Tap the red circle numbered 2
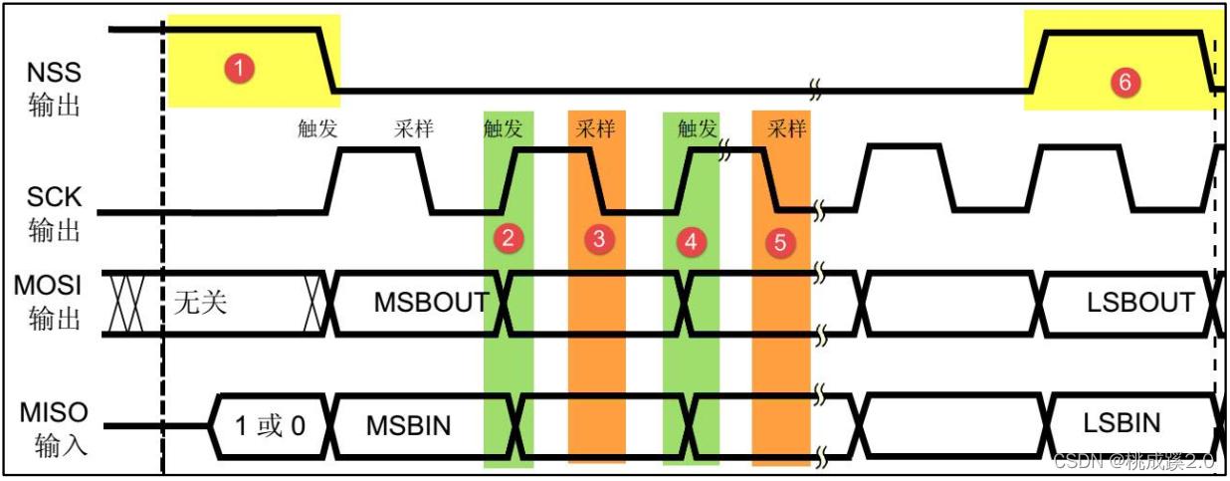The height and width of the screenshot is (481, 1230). (x=508, y=237)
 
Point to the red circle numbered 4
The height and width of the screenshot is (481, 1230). (x=690, y=240)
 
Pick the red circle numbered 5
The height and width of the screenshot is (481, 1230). (x=781, y=241)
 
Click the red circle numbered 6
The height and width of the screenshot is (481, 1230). (x=1125, y=83)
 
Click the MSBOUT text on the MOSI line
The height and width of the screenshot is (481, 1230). (x=432, y=302)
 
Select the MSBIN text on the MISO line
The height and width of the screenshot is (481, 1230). (x=408, y=426)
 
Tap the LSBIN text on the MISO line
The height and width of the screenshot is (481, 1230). (x=1122, y=423)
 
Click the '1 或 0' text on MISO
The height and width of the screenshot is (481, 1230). (x=270, y=426)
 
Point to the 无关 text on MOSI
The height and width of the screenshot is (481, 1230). (x=200, y=302)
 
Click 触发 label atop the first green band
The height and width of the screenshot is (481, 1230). (x=507, y=128)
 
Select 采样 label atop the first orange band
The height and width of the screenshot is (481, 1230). (x=596, y=128)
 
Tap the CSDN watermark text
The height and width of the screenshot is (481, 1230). (x=1134, y=461)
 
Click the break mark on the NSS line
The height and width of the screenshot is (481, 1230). (x=816, y=90)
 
